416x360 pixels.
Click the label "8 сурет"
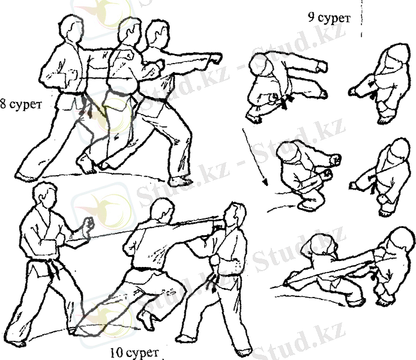20,104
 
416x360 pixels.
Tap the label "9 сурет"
329,18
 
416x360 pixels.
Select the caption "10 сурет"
134,353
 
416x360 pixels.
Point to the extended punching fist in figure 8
215,59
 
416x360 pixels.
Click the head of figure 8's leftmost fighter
70,28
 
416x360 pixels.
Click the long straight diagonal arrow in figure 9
254,157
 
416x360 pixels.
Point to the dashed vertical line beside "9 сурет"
361,18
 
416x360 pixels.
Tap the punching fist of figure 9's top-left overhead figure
322,67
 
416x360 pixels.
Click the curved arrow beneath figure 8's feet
103,175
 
